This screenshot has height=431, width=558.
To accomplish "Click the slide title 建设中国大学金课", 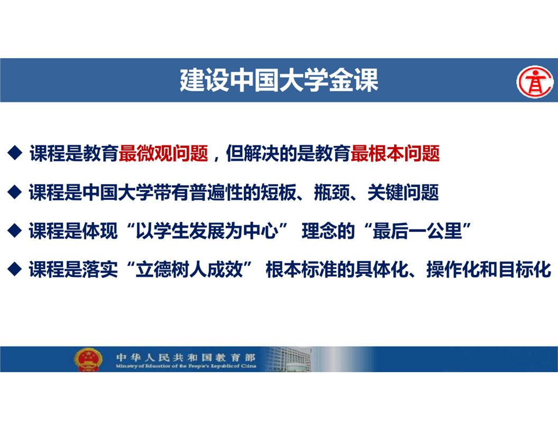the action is (279, 80).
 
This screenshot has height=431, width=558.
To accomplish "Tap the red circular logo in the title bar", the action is (535, 81).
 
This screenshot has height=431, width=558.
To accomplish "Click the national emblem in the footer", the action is (88, 359).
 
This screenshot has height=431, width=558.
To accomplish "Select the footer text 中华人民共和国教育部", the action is (186, 357).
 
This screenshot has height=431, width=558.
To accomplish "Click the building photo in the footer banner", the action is (288, 359).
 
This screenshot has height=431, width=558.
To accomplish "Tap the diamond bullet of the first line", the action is (15, 153).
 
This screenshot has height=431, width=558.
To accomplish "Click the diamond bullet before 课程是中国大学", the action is (15, 192).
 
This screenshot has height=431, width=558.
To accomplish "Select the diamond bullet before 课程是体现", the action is (15, 230).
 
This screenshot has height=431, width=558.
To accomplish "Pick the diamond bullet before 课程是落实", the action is (15, 269).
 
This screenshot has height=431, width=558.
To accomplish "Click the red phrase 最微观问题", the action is (163, 153).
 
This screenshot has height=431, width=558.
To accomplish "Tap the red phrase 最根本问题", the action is (395, 153).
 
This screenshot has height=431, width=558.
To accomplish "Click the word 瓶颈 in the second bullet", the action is (332, 192).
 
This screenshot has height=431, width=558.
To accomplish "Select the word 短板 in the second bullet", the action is (278, 192).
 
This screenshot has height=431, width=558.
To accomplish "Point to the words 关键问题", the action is (403, 192).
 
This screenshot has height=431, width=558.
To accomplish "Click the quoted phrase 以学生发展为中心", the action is (207, 231).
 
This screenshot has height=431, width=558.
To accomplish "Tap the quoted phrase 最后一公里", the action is (417, 231).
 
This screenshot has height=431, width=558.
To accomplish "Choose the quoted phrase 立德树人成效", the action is (189, 269).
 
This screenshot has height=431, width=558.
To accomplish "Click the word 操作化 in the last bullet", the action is (453, 269).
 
